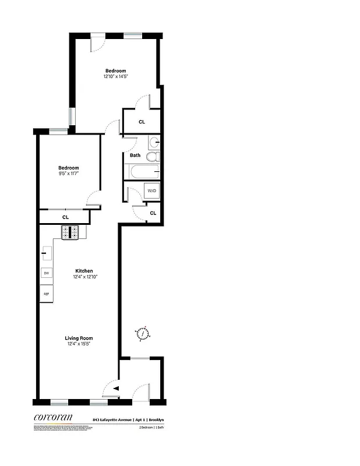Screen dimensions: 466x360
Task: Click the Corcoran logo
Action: (52, 416)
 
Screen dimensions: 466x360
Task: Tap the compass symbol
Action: (142, 334)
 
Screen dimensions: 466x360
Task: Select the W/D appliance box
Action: (151, 191)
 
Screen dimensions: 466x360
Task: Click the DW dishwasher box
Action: (45, 273)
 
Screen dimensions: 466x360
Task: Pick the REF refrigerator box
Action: (46, 294)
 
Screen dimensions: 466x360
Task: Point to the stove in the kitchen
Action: (70, 232)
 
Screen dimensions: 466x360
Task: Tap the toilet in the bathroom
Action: (153, 157)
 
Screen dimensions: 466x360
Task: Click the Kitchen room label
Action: (84, 271)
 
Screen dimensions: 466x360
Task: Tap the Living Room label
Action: (79, 338)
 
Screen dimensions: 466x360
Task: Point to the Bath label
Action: (135, 156)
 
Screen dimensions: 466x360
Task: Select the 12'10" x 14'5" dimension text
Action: (115, 76)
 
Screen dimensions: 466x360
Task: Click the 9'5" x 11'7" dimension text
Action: (68, 174)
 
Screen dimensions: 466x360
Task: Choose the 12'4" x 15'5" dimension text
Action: (79, 344)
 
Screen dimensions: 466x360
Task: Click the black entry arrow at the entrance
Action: (116, 389)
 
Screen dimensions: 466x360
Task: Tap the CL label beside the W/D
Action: (153, 213)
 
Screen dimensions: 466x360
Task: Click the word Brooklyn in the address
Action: (156, 419)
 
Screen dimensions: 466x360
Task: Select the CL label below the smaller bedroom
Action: (65, 217)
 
